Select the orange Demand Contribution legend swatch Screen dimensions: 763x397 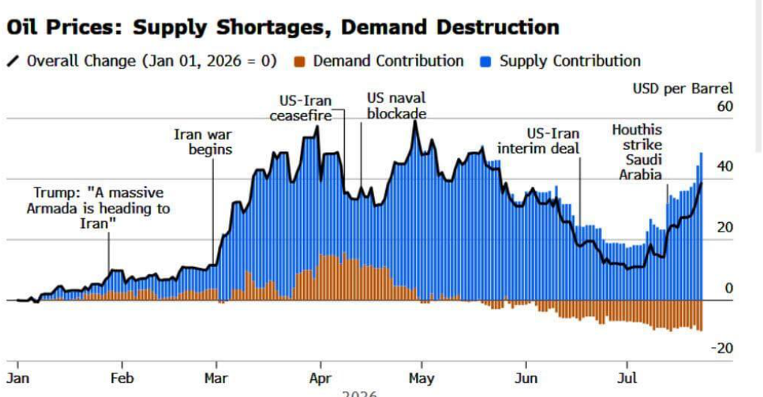300,62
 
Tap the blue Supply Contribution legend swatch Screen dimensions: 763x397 485,62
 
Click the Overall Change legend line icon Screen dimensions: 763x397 13,61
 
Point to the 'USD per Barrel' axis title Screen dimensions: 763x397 682,88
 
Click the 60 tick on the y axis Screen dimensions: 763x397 725,106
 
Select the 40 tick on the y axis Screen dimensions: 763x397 725,166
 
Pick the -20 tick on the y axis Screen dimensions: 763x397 722,348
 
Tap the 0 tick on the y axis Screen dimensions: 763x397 728,288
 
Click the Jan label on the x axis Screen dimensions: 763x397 18,378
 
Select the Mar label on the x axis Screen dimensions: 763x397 215,378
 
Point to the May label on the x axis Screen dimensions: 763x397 421,379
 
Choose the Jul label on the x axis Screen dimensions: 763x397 627,378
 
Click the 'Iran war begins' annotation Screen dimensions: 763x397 203,142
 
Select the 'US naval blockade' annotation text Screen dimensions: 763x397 397,106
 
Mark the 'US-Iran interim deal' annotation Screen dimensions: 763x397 538,140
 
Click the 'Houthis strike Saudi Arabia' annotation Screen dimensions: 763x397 640,152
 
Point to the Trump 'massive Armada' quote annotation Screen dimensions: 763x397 98,208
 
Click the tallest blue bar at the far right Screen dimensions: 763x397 701,226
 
